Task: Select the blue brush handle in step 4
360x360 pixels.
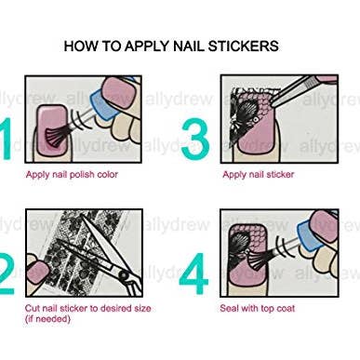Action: click(x=299, y=250)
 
